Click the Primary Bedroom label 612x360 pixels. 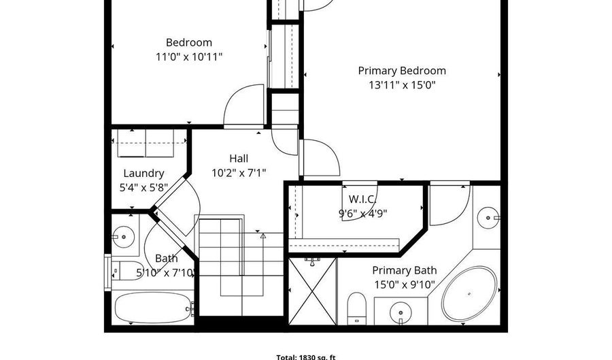pyautogui.click(x=402, y=71)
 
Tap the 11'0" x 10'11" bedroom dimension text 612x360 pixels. pyautogui.click(x=189, y=57)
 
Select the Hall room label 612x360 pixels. pyautogui.click(x=239, y=159)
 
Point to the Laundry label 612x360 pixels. pyautogui.click(x=143, y=174)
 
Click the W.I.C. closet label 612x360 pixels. pyautogui.click(x=362, y=199)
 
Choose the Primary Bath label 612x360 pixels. pyautogui.click(x=405, y=270)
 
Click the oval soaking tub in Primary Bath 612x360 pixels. pyautogui.click(x=469, y=293)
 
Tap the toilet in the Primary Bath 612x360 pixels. pyautogui.click(x=357, y=308)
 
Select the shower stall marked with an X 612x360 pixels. pyautogui.click(x=312, y=291)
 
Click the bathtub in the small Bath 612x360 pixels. pyautogui.click(x=153, y=308)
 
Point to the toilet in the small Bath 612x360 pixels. pyautogui.click(x=125, y=270)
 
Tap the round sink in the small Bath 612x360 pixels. pyautogui.click(x=123, y=237)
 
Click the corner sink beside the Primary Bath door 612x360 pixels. pyautogui.click(x=488, y=218)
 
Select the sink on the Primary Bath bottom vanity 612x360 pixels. pyautogui.click(x=401, y=312)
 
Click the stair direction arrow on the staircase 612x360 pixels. pyautogui.click(x=263, y=236)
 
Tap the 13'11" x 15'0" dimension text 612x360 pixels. pyautogui.click(x=402, y=85)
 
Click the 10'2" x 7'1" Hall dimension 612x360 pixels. pyautogui.click(x=239, y=173)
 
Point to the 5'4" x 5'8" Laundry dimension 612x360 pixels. pyautogui.click(x=143, y=188)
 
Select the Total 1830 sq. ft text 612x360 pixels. pyautogui.click(x=306, y=357)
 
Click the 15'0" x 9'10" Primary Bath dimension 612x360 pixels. pyautogui.click(x=405, y=284)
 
